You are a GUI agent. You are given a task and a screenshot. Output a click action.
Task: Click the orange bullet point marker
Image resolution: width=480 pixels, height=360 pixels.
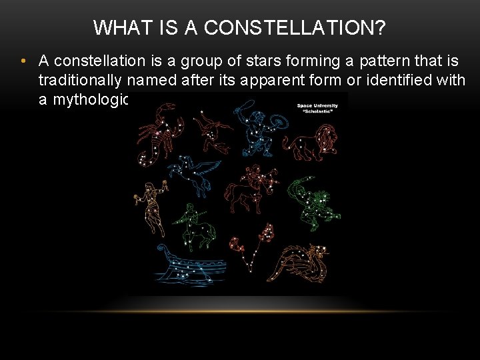23,61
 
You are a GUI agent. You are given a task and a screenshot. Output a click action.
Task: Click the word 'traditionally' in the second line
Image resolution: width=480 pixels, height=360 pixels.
80,80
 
